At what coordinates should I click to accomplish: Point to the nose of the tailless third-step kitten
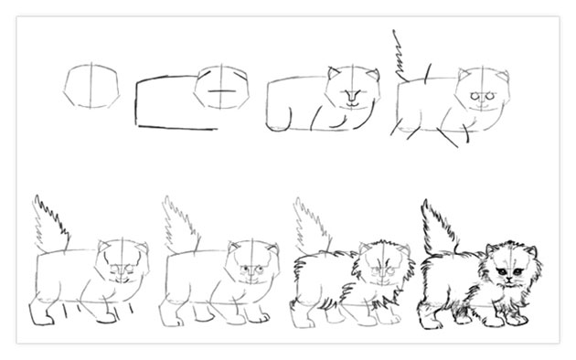point(352,94)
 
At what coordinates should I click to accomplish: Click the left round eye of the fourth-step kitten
point(474,96)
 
